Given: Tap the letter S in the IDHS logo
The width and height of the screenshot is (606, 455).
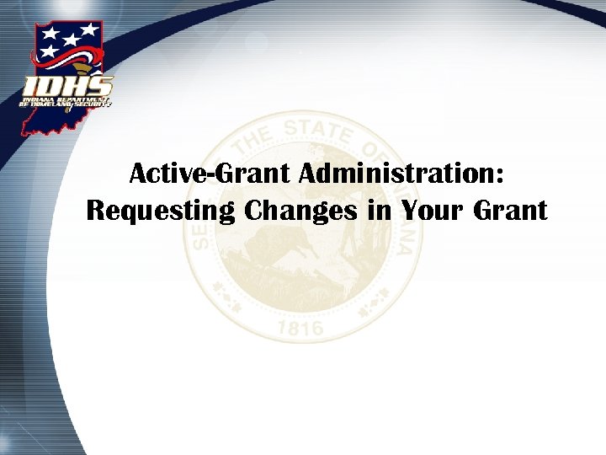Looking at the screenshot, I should pos(98,86).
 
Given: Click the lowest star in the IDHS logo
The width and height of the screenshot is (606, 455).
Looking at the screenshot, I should pos(51,52).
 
